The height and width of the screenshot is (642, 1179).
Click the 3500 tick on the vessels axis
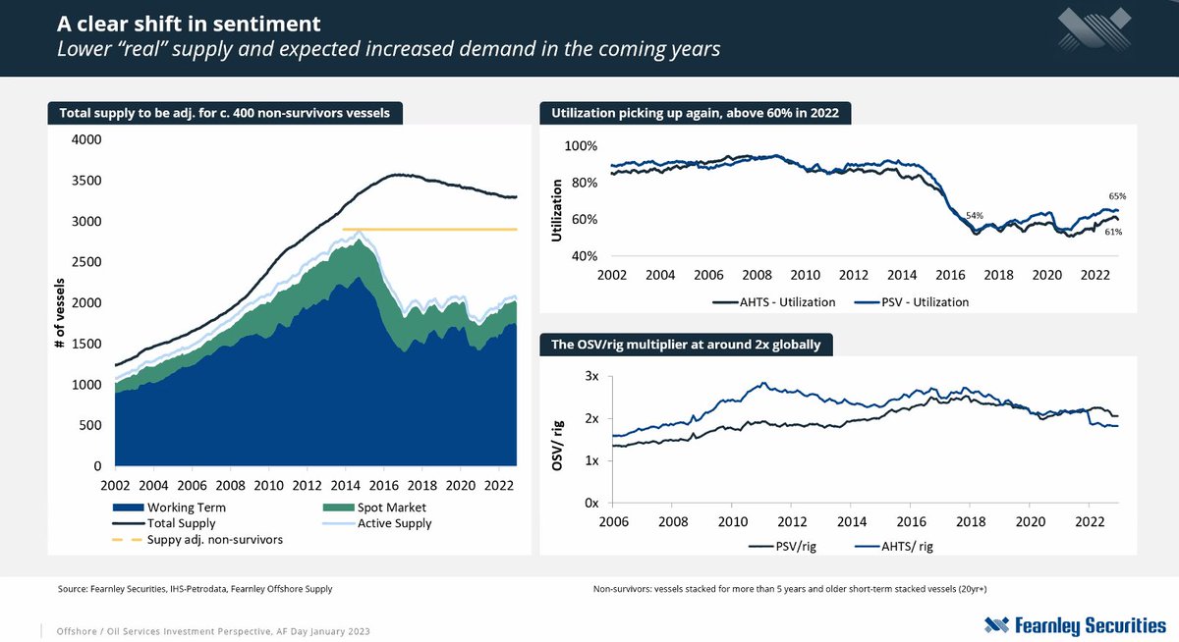coord(86,181)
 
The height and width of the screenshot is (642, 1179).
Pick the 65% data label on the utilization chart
coord(1117,196)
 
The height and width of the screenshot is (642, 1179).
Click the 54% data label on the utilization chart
coord(974,215)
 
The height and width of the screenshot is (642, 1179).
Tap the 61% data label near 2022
coord(1113,233)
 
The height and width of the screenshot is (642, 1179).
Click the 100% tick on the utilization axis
coord(580,145)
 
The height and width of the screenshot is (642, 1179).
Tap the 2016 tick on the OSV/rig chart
coord(912,521)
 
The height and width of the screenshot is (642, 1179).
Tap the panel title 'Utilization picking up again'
coord(694,113)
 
